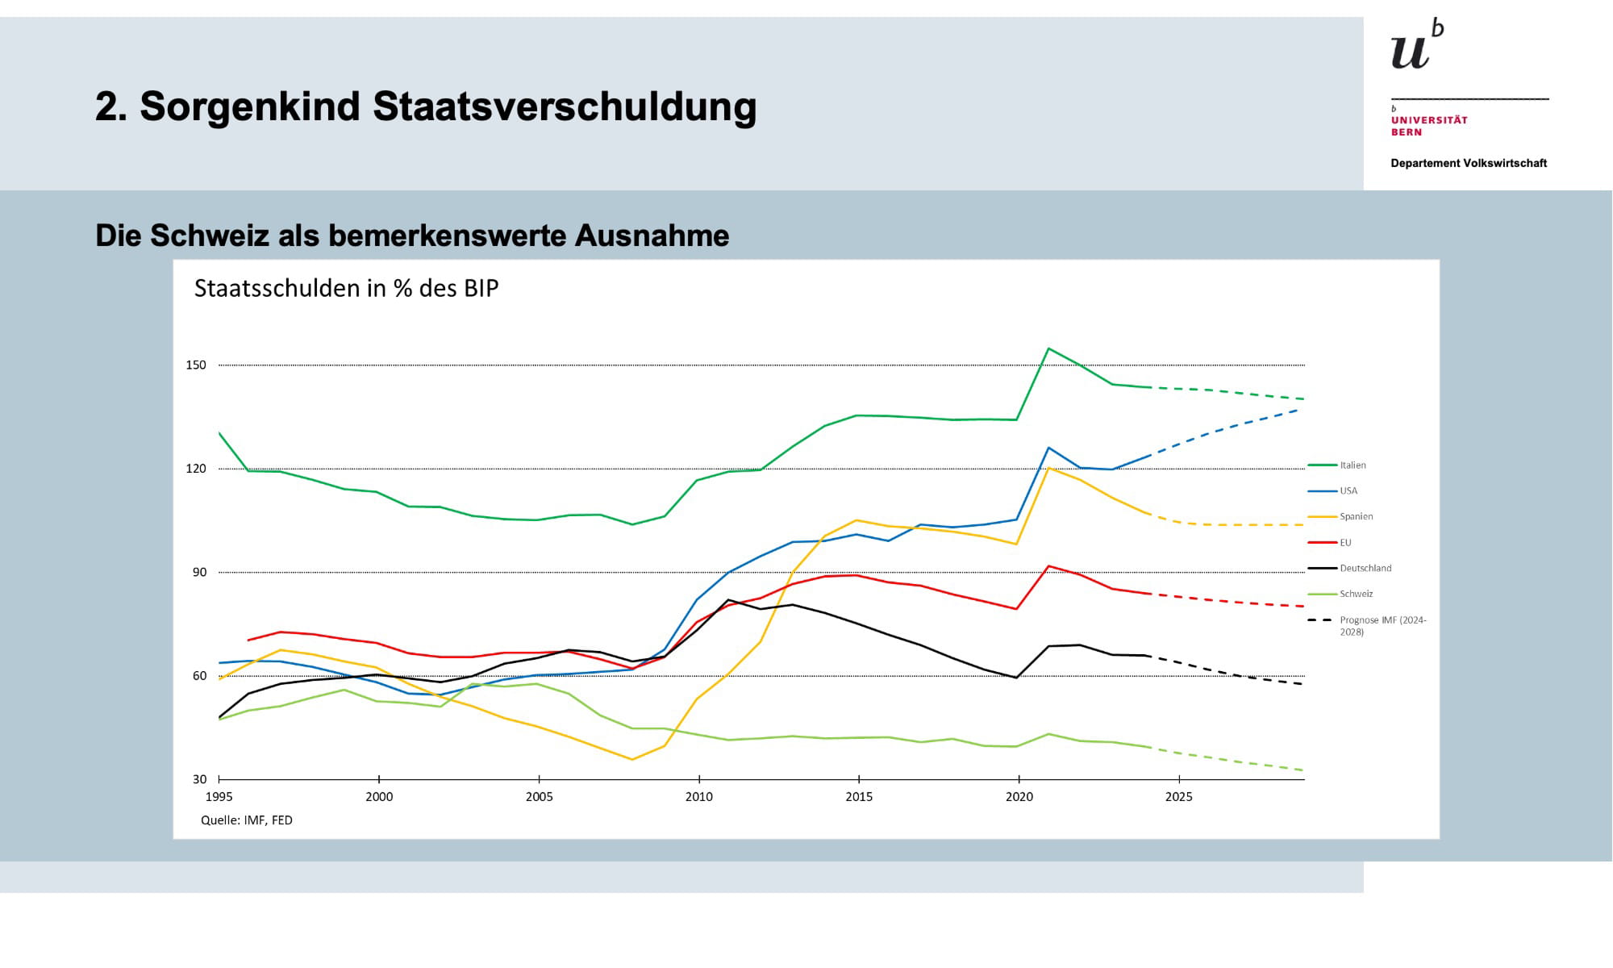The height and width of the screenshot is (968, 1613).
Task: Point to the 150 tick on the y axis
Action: pos(196,365)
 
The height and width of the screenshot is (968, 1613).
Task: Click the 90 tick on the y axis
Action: pos(199,573)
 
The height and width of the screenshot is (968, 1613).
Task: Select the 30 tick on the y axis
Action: pos(199,780)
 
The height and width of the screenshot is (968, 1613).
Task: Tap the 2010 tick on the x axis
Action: pos(699,797)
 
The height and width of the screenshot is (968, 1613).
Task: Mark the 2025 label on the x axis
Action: pos(1179,797)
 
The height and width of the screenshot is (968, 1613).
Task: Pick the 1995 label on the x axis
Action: pos(219,797)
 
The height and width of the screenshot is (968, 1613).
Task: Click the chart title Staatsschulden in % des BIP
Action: pos(346,289)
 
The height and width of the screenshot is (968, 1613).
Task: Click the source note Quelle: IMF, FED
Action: pos(247,820)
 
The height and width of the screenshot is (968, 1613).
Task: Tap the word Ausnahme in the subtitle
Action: pos(652,236)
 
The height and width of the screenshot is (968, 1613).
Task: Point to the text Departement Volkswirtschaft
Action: pos(1469,164)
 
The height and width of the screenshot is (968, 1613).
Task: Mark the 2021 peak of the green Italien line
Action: pos(1048,348)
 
